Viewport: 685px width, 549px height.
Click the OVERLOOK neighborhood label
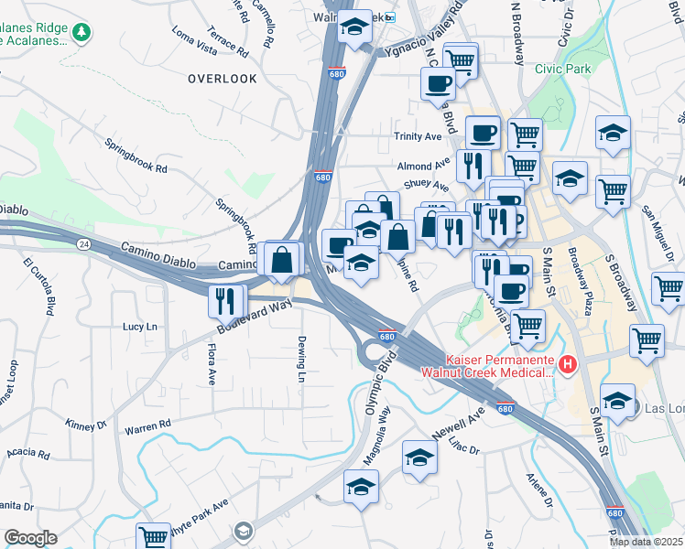223,79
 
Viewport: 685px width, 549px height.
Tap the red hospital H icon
568,366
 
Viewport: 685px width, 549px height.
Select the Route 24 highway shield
83,243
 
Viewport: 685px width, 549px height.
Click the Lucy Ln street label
140,326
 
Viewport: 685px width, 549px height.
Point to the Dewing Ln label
300,358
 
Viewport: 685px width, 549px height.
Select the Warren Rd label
148,425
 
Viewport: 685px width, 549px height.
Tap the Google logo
30,538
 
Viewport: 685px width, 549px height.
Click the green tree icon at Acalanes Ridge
82,32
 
